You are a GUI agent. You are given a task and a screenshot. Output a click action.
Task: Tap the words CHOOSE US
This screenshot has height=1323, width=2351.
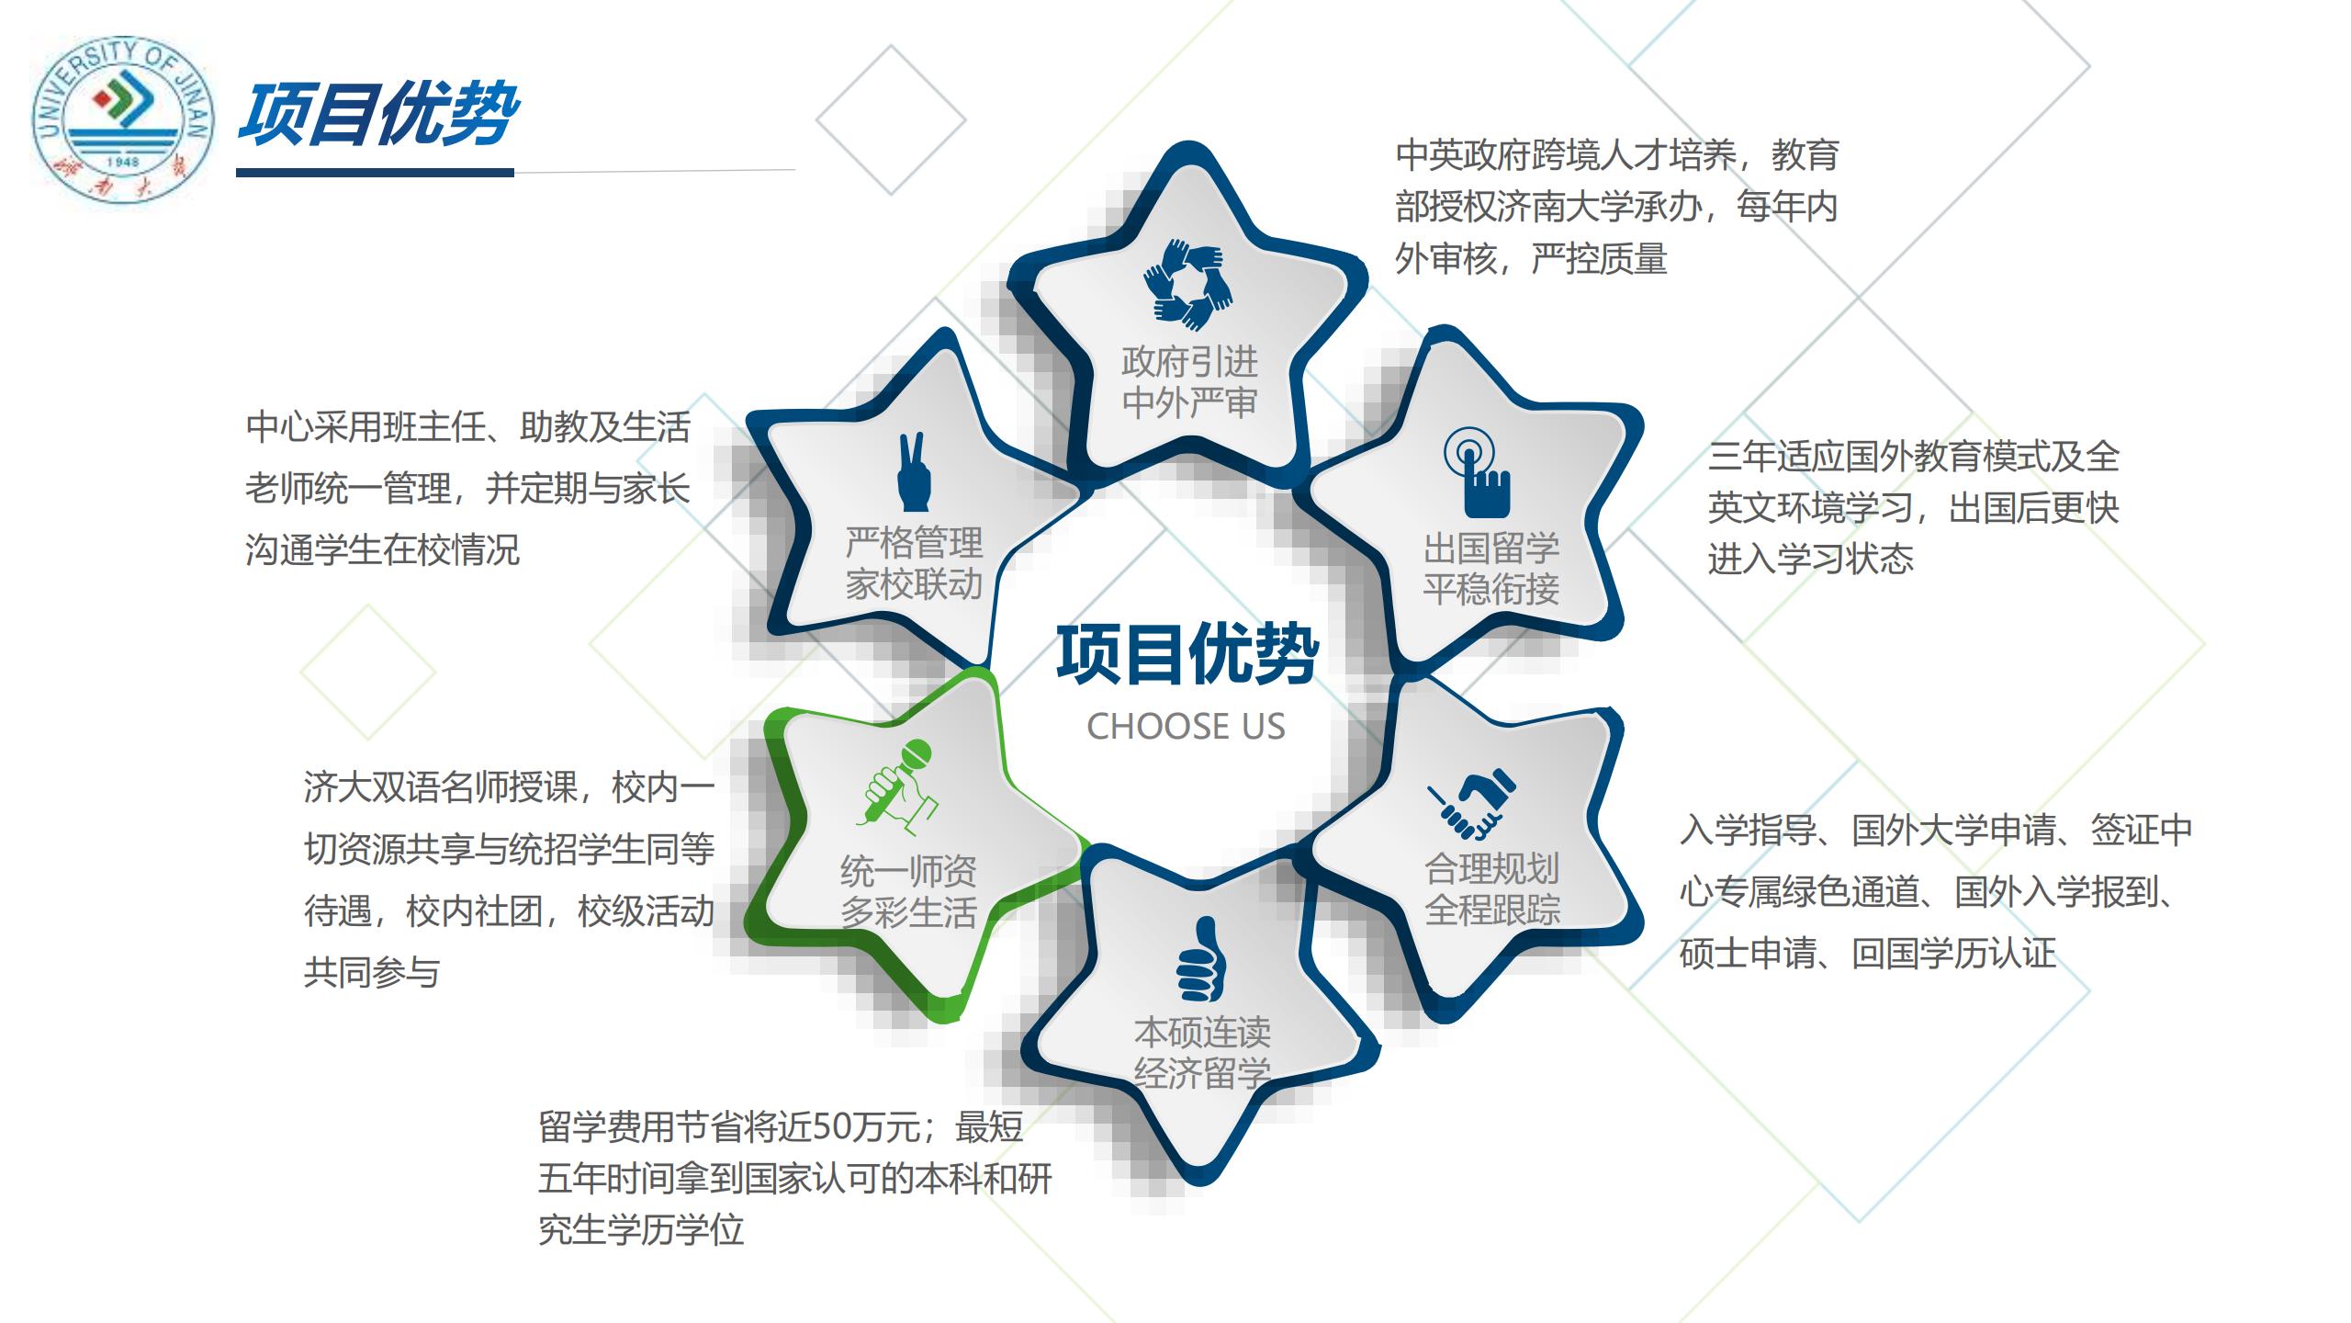pos(1186,727)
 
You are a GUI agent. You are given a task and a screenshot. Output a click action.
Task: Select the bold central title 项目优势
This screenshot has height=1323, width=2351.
pos(1187,654)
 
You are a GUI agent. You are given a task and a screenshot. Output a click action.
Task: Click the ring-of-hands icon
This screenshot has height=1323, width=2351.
pos(1188,285)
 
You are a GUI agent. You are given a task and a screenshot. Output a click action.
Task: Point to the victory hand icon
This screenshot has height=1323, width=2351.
pos(914,471)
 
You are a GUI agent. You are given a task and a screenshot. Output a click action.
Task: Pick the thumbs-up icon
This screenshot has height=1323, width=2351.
pos(1201,960)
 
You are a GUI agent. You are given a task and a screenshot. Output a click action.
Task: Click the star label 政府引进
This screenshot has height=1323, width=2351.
pos(1189,362)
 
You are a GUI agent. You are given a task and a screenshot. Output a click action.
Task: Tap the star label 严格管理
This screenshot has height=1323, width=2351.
pos(914,543)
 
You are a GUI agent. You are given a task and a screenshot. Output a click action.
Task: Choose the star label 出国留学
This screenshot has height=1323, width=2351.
pos(1491,548)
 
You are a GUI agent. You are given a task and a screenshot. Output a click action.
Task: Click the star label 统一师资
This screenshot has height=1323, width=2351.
pos(908,871)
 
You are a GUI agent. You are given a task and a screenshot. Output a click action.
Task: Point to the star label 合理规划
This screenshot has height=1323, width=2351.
pos(1492,868)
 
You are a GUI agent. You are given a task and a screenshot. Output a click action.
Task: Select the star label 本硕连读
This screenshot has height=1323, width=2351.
pos(1202,1033)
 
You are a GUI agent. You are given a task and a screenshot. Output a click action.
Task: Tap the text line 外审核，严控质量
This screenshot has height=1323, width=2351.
pos(1531,259)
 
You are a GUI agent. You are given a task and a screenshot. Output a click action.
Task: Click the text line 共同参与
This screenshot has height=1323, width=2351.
pos(372,971)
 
